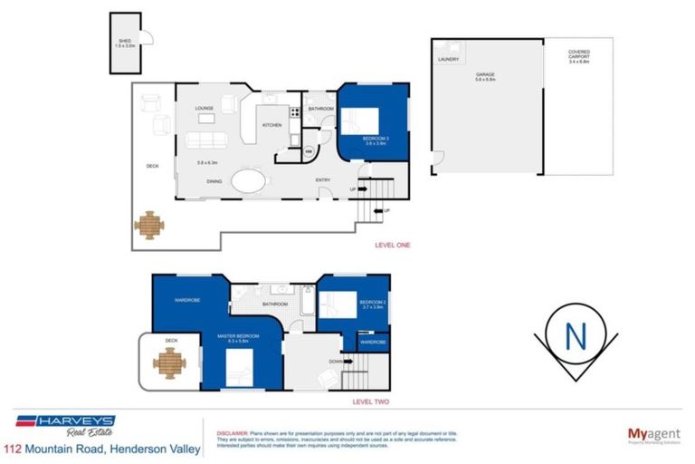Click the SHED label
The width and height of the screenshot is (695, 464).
click(125, 41)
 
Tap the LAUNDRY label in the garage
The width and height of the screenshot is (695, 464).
click(448, 60)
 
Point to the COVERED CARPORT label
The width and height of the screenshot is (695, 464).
click(578, 53)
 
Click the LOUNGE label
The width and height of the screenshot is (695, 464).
click(205, 109)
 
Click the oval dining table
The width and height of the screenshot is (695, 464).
click(249, 181)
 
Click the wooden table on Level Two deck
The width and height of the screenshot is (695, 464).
click(168, 363)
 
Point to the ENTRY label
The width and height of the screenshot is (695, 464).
click(322, 180)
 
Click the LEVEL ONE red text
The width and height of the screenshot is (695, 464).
click(393, 245)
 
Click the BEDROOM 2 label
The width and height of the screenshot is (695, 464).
click(373, 302)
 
